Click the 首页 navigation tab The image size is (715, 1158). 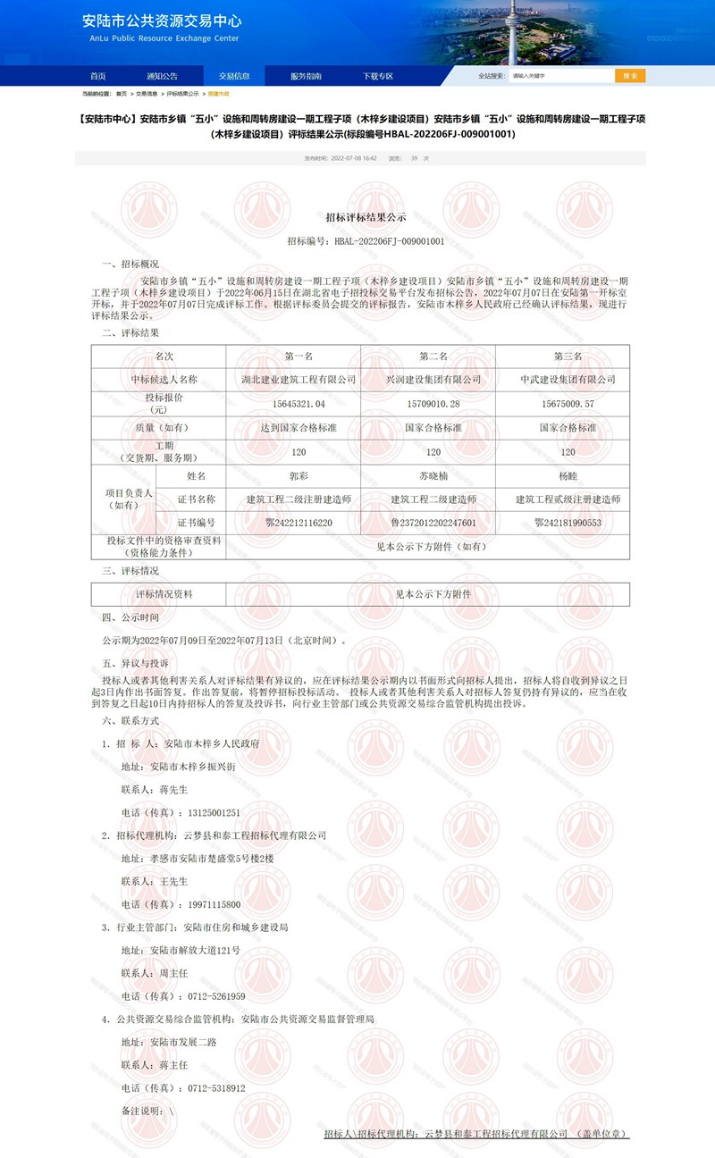click(97, 76)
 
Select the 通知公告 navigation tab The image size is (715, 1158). click(163, 76)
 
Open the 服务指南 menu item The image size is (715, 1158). click(306, 76)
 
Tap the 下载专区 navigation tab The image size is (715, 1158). click(377, 76)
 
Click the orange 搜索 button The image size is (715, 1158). click(630, 76)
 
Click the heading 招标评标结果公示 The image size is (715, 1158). click(366, 217)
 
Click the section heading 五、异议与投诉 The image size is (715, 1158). click(135, 664)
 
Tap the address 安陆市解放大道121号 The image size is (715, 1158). click(195, 950)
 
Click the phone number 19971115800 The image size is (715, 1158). click(213, 904)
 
